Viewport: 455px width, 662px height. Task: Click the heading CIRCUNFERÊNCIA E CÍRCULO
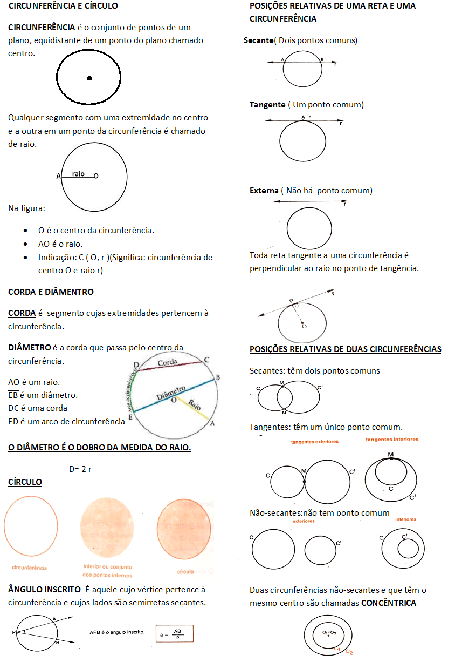click(x=63, y=6)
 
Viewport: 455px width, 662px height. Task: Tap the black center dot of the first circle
click(x=89, y=78)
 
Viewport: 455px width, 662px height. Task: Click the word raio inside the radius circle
click(x=78, y=174)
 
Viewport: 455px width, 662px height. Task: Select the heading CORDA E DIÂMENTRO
click(x=51, y=292)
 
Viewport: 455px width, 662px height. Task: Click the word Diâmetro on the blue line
click(x=171, y=393)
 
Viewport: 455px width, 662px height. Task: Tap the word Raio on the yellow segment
click(x=195, y=406)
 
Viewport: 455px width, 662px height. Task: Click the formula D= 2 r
click(x=80, y=469)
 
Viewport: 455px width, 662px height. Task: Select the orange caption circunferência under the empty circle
click(x=30, y=568)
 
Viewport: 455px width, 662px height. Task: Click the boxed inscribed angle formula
click(x=174, y=633)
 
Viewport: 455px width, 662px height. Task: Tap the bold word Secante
click(x=259, y=40)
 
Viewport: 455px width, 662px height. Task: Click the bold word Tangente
click(x=267, y=105)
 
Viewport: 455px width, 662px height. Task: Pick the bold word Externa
click(x=264, y=191)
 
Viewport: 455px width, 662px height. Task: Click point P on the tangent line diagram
click(x=291, y=301)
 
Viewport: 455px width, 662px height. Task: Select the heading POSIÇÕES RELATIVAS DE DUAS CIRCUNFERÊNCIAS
click(x=345, y=349)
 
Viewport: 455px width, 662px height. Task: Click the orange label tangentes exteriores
click(x=315, y=442)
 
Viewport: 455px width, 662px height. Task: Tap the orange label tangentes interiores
click(x=392, y=440)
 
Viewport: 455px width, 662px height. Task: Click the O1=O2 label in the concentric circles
click(x=329, y=632)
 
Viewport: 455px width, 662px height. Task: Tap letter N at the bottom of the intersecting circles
click(x=284, y=413)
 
